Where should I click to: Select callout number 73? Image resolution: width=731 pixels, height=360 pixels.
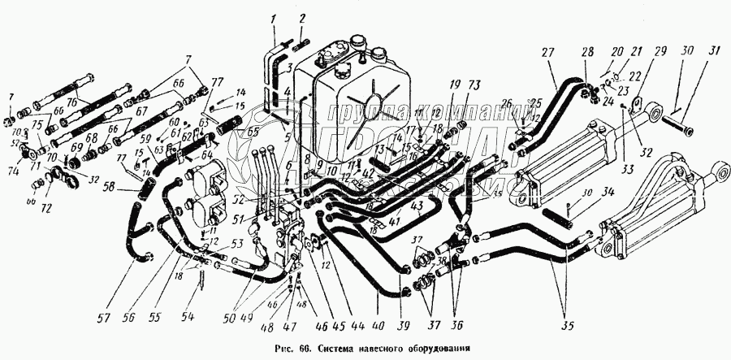[x=475, y=84]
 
